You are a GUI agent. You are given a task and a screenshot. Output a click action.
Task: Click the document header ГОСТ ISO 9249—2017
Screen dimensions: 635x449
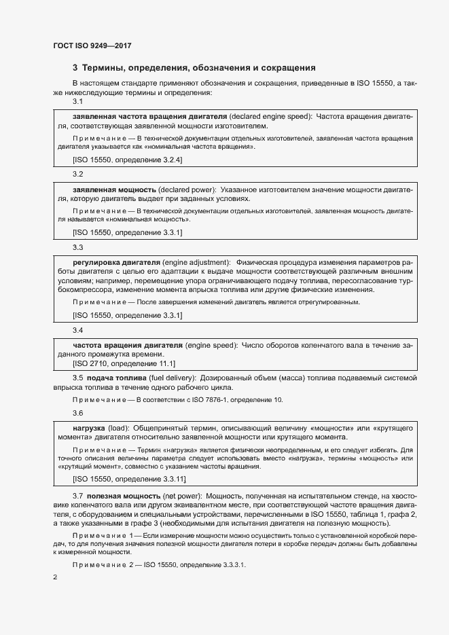click(x=92, y=46)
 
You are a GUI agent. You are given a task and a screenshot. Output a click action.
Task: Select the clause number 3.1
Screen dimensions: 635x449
click(x=77, y=102)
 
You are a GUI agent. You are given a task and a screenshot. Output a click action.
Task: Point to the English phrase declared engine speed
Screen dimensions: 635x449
click(x=270, y=116)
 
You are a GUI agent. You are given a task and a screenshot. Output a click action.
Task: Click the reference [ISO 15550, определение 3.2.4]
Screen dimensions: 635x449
click(x=127, y=160)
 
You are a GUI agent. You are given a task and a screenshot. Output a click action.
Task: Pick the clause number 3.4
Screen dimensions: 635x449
click(x=77, y=330)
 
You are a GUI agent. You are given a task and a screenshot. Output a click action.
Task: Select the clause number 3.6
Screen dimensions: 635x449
click(x=77, y=413)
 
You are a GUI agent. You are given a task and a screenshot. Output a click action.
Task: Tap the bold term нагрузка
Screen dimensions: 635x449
click(x=88, y=429)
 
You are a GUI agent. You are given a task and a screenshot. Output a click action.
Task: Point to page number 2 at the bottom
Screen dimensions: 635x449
click(x=55, y=577)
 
